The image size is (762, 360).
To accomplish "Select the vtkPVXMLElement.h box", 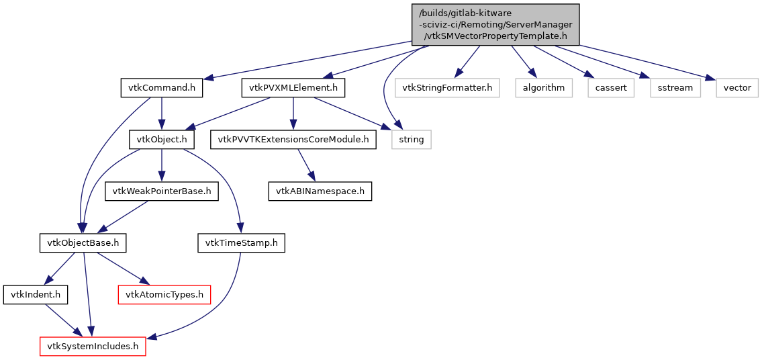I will (x=293, y=87).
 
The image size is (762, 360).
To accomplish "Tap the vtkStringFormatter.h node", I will (x=448, y=87).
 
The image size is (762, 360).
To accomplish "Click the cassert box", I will (x=610, y=87).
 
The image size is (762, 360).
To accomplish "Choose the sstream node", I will (x=675, y=87).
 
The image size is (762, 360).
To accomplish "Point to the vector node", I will (x=737, y=87).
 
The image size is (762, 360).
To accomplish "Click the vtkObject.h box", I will (x=162, y=140).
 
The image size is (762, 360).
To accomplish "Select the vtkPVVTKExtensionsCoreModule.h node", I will (x=293, y=140).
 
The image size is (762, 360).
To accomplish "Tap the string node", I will (x=412, y=140).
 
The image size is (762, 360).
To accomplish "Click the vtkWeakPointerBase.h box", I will (x=162, y=191).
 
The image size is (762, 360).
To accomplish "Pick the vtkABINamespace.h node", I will (x=320, y=191).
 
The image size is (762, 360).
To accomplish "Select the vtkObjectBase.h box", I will (x=83, y=242).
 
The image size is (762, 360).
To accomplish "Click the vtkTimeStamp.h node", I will (x=241, y=242).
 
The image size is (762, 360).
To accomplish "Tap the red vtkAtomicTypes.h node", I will (x=164, y=294).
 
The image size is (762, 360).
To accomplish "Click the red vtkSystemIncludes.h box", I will (x=92, y=347).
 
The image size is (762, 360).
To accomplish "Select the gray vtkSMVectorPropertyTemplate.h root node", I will (x=495, y=24).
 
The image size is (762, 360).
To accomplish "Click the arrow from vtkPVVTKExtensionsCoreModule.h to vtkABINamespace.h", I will (x=306, y=165).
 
